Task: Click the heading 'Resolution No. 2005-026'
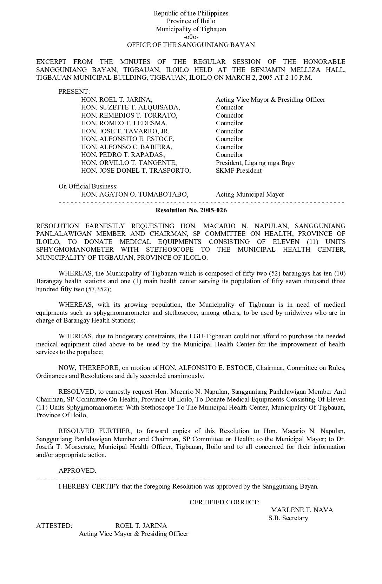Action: pos(191,210)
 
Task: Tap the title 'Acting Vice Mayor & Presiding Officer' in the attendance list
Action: pos(270,100)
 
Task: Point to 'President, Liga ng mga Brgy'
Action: pos(255,163)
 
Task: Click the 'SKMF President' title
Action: pos(239,171)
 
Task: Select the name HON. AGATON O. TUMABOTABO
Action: pos(134,194)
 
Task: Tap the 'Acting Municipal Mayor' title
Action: pos(250,194)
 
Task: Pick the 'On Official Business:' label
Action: pos(88,186)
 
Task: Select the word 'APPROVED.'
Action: pos(77,471)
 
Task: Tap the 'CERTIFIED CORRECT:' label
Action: pos(225,502)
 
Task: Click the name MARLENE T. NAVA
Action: pos(302,510)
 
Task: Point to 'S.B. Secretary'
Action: pos(288,518)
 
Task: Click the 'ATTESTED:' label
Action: pos(54,526)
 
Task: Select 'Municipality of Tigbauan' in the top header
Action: pos(191,29)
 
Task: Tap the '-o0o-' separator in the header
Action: pos(191,37)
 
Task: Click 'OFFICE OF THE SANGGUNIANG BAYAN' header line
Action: pos(191,45)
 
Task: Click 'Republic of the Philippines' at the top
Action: pos(191,13)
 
